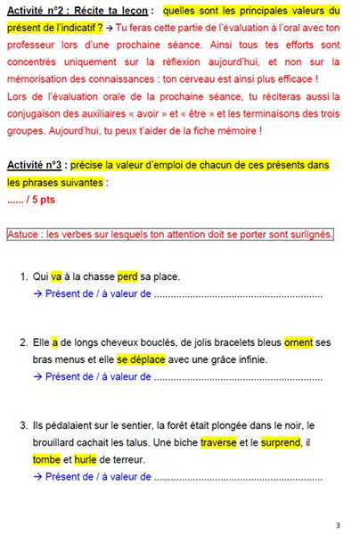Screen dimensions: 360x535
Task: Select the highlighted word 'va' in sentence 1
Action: point(56,276)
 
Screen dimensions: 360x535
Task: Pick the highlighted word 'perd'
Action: point(127,276)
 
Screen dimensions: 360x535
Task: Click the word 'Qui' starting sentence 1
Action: point(41,276)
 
